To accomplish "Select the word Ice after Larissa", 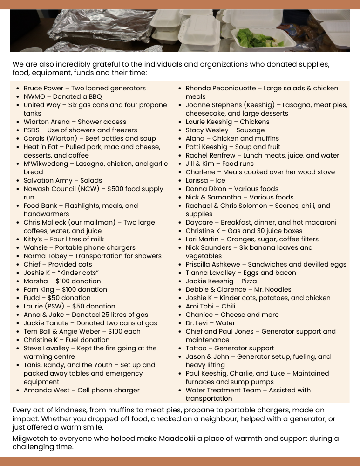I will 220,180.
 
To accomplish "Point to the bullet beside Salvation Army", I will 18,180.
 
